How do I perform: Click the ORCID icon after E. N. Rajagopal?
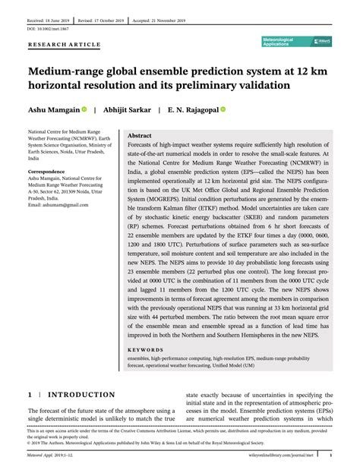pyautogui.click(x=223, y=109)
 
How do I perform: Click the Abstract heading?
pyautogui.click(x=140, y=134)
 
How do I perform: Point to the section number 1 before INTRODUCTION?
pyautogui.click(x=30, y=396)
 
